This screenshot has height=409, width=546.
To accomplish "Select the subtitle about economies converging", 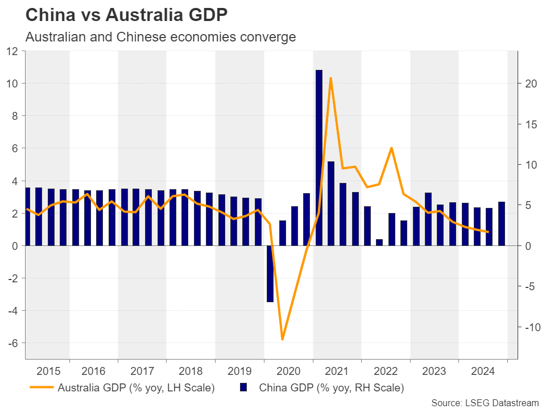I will (160, 37).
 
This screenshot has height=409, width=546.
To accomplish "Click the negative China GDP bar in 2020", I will (270, 273).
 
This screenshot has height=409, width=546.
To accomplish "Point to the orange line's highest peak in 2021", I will (330, 78).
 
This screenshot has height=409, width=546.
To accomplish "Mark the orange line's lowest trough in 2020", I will (282, 339).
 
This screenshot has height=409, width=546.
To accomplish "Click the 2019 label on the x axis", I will (239, 372).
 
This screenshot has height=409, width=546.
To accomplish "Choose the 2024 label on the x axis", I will (483, 372).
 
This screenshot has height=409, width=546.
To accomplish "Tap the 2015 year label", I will (48, 372).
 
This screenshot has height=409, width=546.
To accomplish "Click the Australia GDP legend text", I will (136, 389).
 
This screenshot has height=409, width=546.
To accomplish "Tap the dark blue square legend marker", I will (243, 388).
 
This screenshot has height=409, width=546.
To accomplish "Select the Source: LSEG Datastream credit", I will (485, 403).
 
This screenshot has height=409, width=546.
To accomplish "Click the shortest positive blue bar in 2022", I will (379, 243).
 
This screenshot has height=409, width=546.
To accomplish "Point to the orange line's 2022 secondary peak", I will (391, 148).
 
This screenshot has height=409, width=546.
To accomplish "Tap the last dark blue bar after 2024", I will (501, 224).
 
